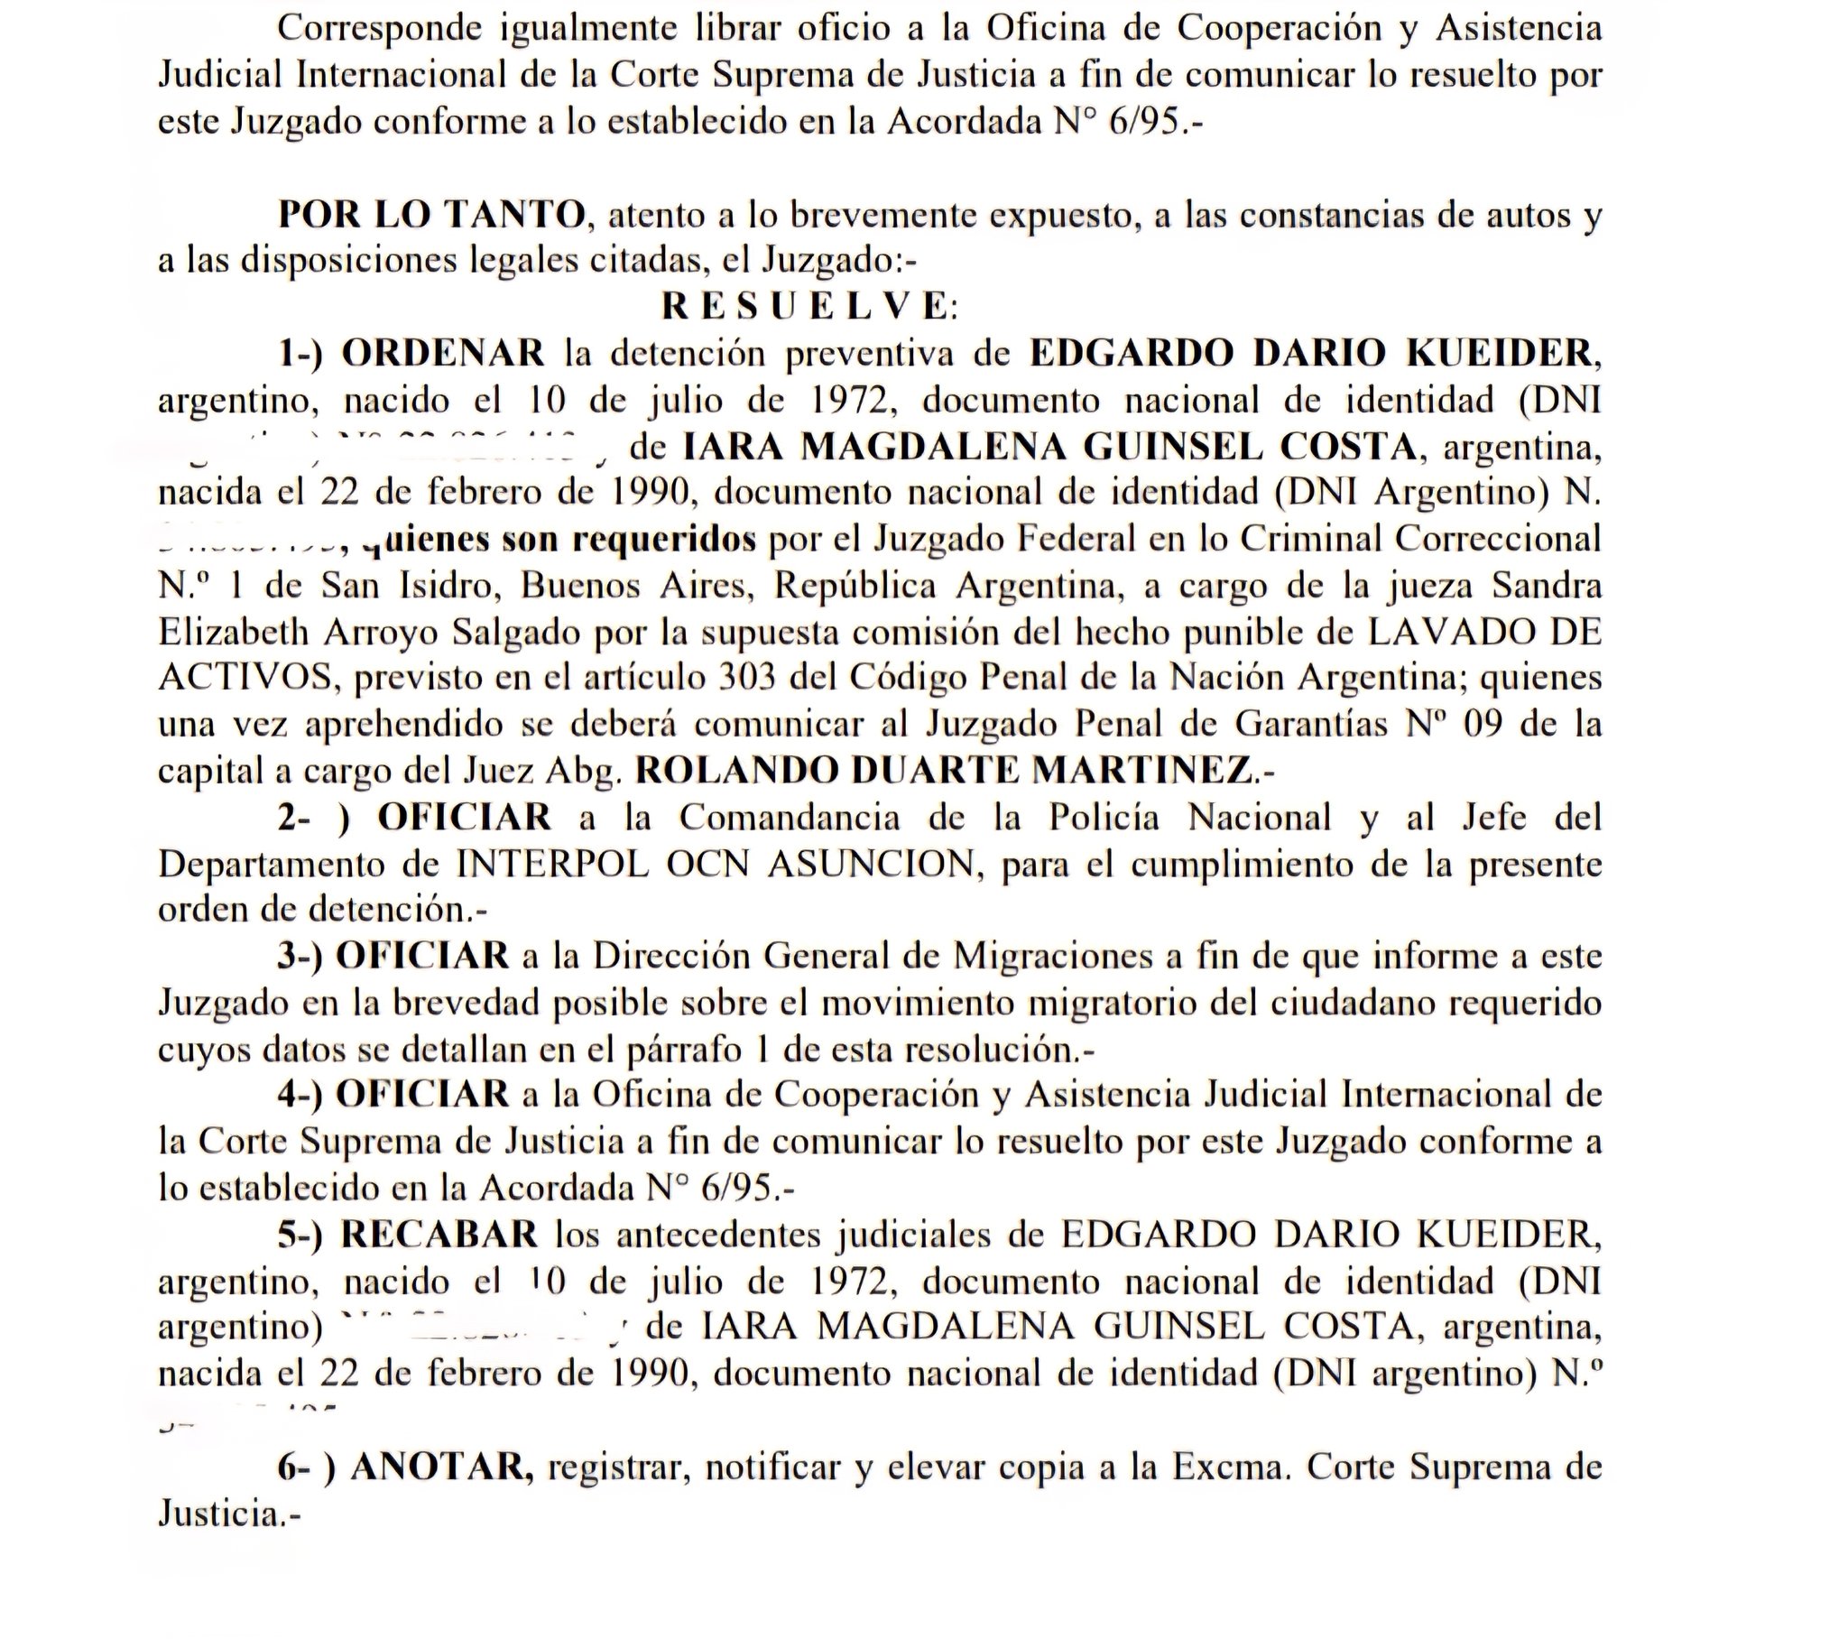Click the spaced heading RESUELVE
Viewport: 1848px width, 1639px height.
tap(808, 307)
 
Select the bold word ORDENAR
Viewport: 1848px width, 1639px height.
tap(443, 353)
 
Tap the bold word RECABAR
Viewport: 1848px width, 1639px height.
tap(439, 1235)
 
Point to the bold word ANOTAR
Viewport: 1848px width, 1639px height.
tap(441, 1467)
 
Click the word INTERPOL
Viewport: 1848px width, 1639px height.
tap(552, 865)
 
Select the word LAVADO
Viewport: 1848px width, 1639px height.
tap(1438, 633)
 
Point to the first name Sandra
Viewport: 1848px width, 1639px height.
tap(1547, 585)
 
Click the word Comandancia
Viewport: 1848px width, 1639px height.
tap(790, 818)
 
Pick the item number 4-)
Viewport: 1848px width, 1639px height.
tap(300, 1095)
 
